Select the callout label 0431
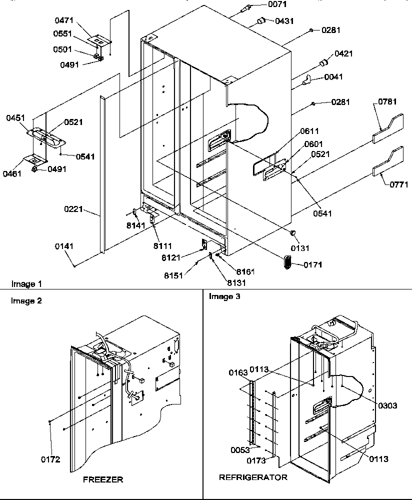pos(283,21)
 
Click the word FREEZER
pos(103,479)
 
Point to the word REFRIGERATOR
pos(253,477)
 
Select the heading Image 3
pos(224,297)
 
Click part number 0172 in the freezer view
pos(51,459)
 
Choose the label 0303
pos(387,405)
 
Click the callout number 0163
pos(239,372)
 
